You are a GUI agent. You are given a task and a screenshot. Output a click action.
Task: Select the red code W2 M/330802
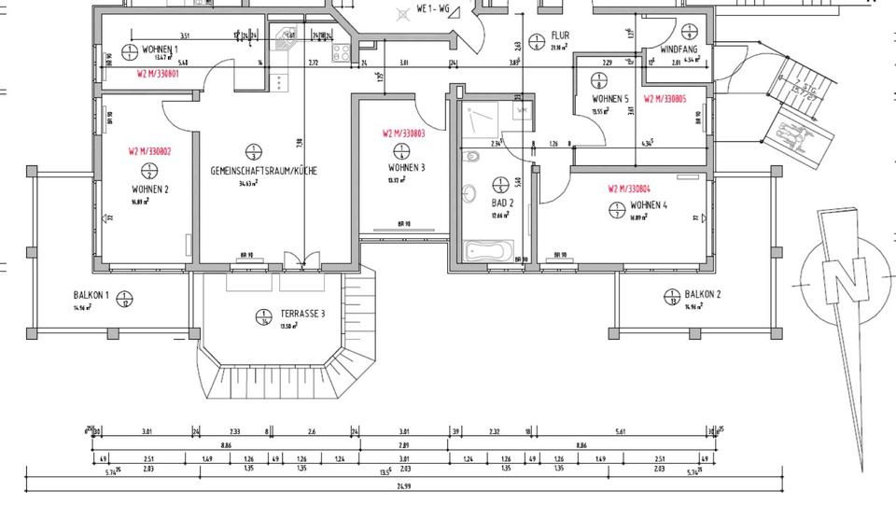(x=148, y=150)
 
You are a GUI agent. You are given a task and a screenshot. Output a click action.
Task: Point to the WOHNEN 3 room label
(x=407, y=167)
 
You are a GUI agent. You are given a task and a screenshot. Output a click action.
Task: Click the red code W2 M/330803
(x=403, y=133)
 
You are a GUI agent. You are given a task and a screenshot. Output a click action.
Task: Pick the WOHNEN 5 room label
(x=610, y=99)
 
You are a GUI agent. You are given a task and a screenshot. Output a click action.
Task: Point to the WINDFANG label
(x=679, y=49)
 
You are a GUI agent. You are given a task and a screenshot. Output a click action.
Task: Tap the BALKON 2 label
(x=702, y=294)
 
